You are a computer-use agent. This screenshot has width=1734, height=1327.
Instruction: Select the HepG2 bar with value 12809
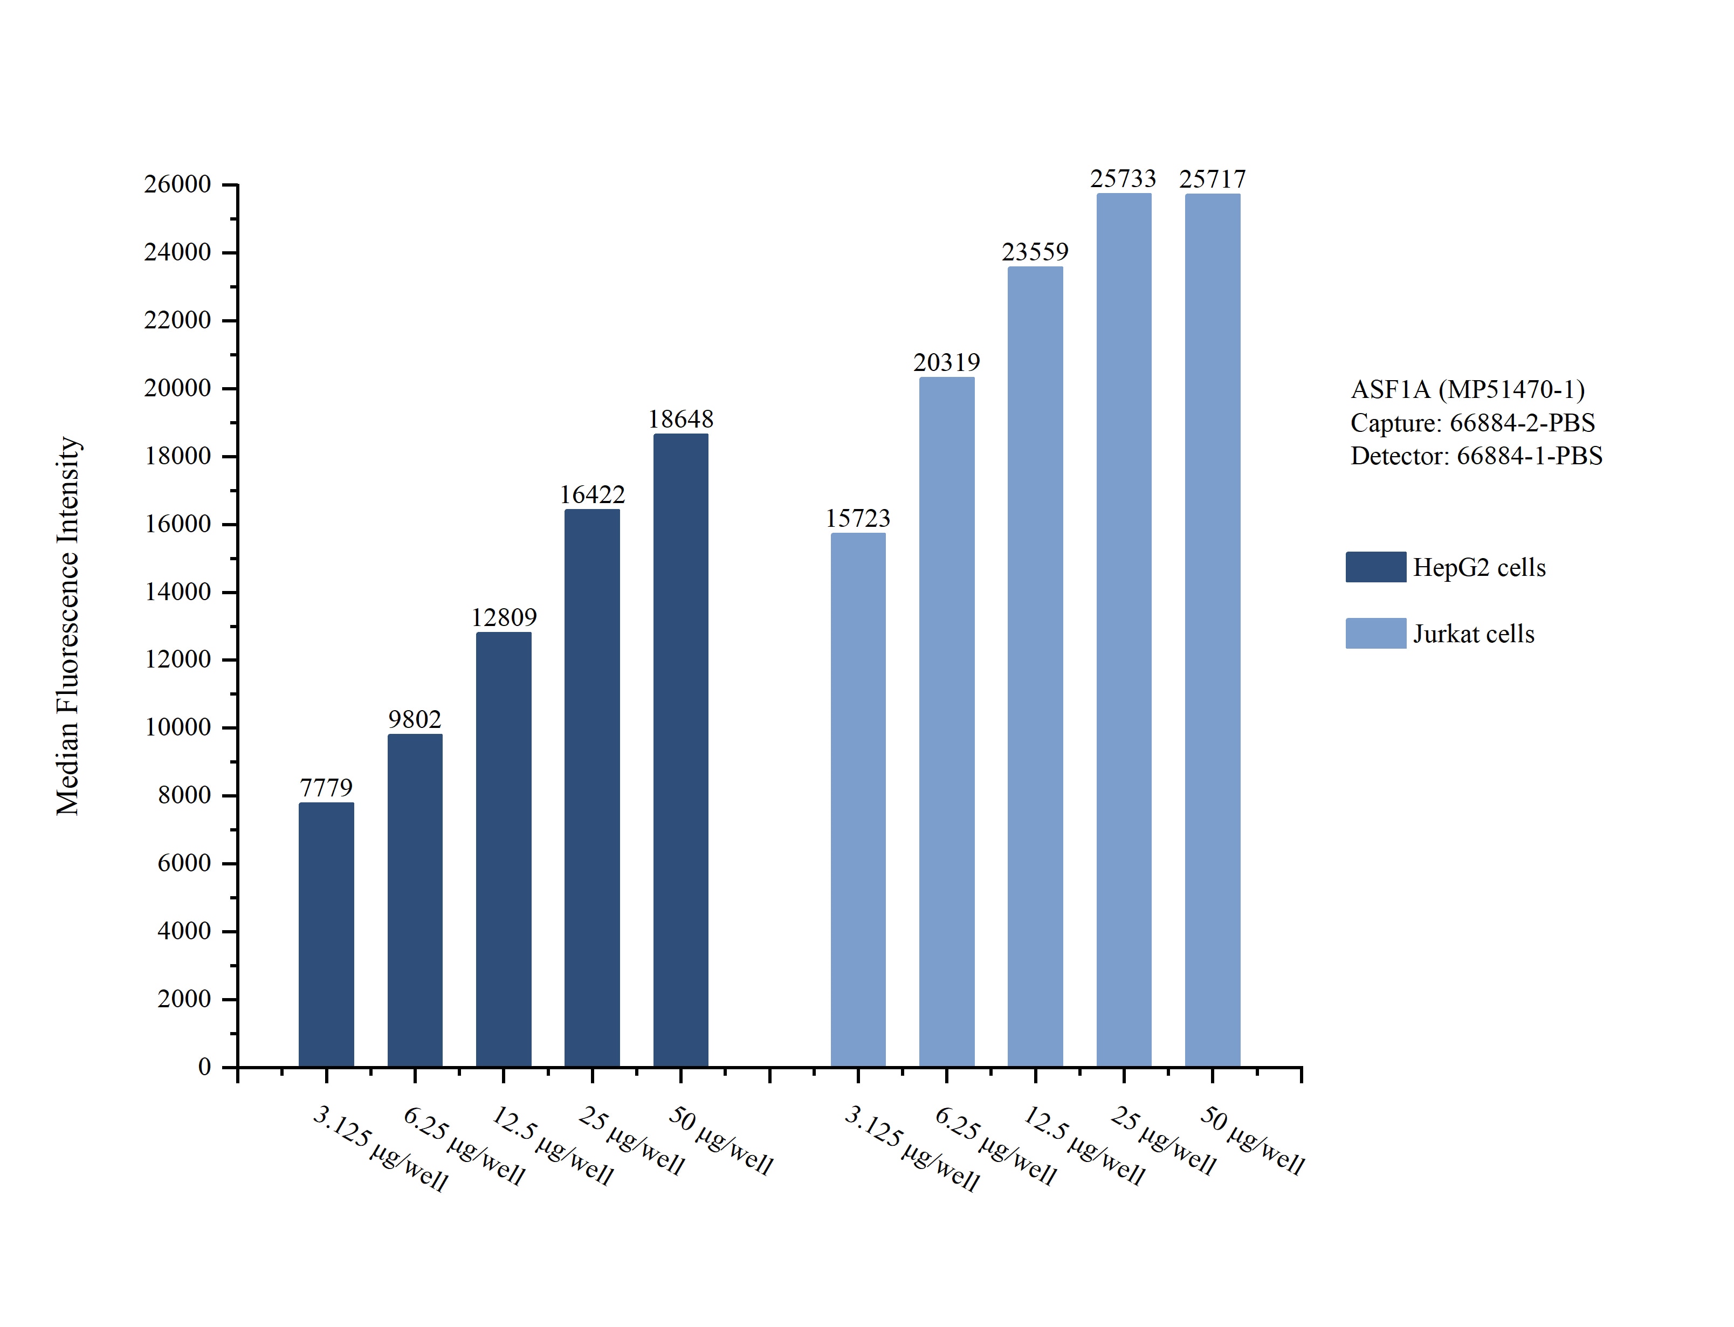(x=503, y=849)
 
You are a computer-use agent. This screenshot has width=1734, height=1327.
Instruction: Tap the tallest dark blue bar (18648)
(x=680, y=751)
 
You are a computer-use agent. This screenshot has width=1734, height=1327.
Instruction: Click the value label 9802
(x=415, y=720)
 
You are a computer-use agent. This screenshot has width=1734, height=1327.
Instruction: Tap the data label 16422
(x=592, y=495)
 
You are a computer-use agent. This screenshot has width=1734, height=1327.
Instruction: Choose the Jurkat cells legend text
(x=1474, y=634)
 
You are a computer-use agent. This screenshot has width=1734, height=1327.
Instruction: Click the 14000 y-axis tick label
(x=178, y=592)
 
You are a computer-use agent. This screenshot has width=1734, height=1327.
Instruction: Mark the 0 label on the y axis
(x=204, y=1067)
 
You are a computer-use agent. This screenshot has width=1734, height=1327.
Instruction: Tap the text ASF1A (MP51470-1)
(x=1468, y=389)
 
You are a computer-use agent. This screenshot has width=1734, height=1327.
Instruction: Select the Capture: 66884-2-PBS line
(x=1472, y=423)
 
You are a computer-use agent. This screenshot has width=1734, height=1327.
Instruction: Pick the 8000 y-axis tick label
(x=184, y=795)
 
